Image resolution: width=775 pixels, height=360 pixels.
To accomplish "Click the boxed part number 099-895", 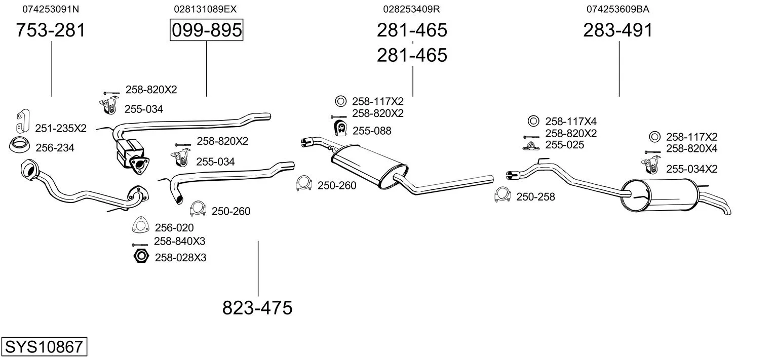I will click(206, 30).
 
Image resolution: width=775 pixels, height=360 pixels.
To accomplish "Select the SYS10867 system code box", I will click(44, 347).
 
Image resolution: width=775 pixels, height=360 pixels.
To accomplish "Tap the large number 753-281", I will click(51, 30).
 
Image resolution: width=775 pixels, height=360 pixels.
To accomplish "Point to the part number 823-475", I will click(257, 307).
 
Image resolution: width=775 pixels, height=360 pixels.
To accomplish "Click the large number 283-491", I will click(618, 30).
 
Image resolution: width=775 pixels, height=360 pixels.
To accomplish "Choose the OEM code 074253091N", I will click(51, 9).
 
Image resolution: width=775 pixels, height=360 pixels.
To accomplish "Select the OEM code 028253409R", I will click(411, 9).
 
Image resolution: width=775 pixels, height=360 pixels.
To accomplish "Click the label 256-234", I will click(55, 148).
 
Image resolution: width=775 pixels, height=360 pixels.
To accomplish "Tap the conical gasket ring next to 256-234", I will click(20, 145).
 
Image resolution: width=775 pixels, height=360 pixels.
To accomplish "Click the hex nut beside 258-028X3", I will click(140, 257).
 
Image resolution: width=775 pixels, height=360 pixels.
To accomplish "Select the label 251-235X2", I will click(61, 129).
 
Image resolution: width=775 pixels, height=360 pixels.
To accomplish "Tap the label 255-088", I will click(372, 131).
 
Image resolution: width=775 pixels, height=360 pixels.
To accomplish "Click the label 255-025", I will click(565, 145).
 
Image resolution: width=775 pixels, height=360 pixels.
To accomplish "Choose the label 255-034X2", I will click(691, 169).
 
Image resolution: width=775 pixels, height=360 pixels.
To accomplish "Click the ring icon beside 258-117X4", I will click(533, 121).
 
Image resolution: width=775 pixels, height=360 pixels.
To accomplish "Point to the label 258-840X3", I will click(180, 242).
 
